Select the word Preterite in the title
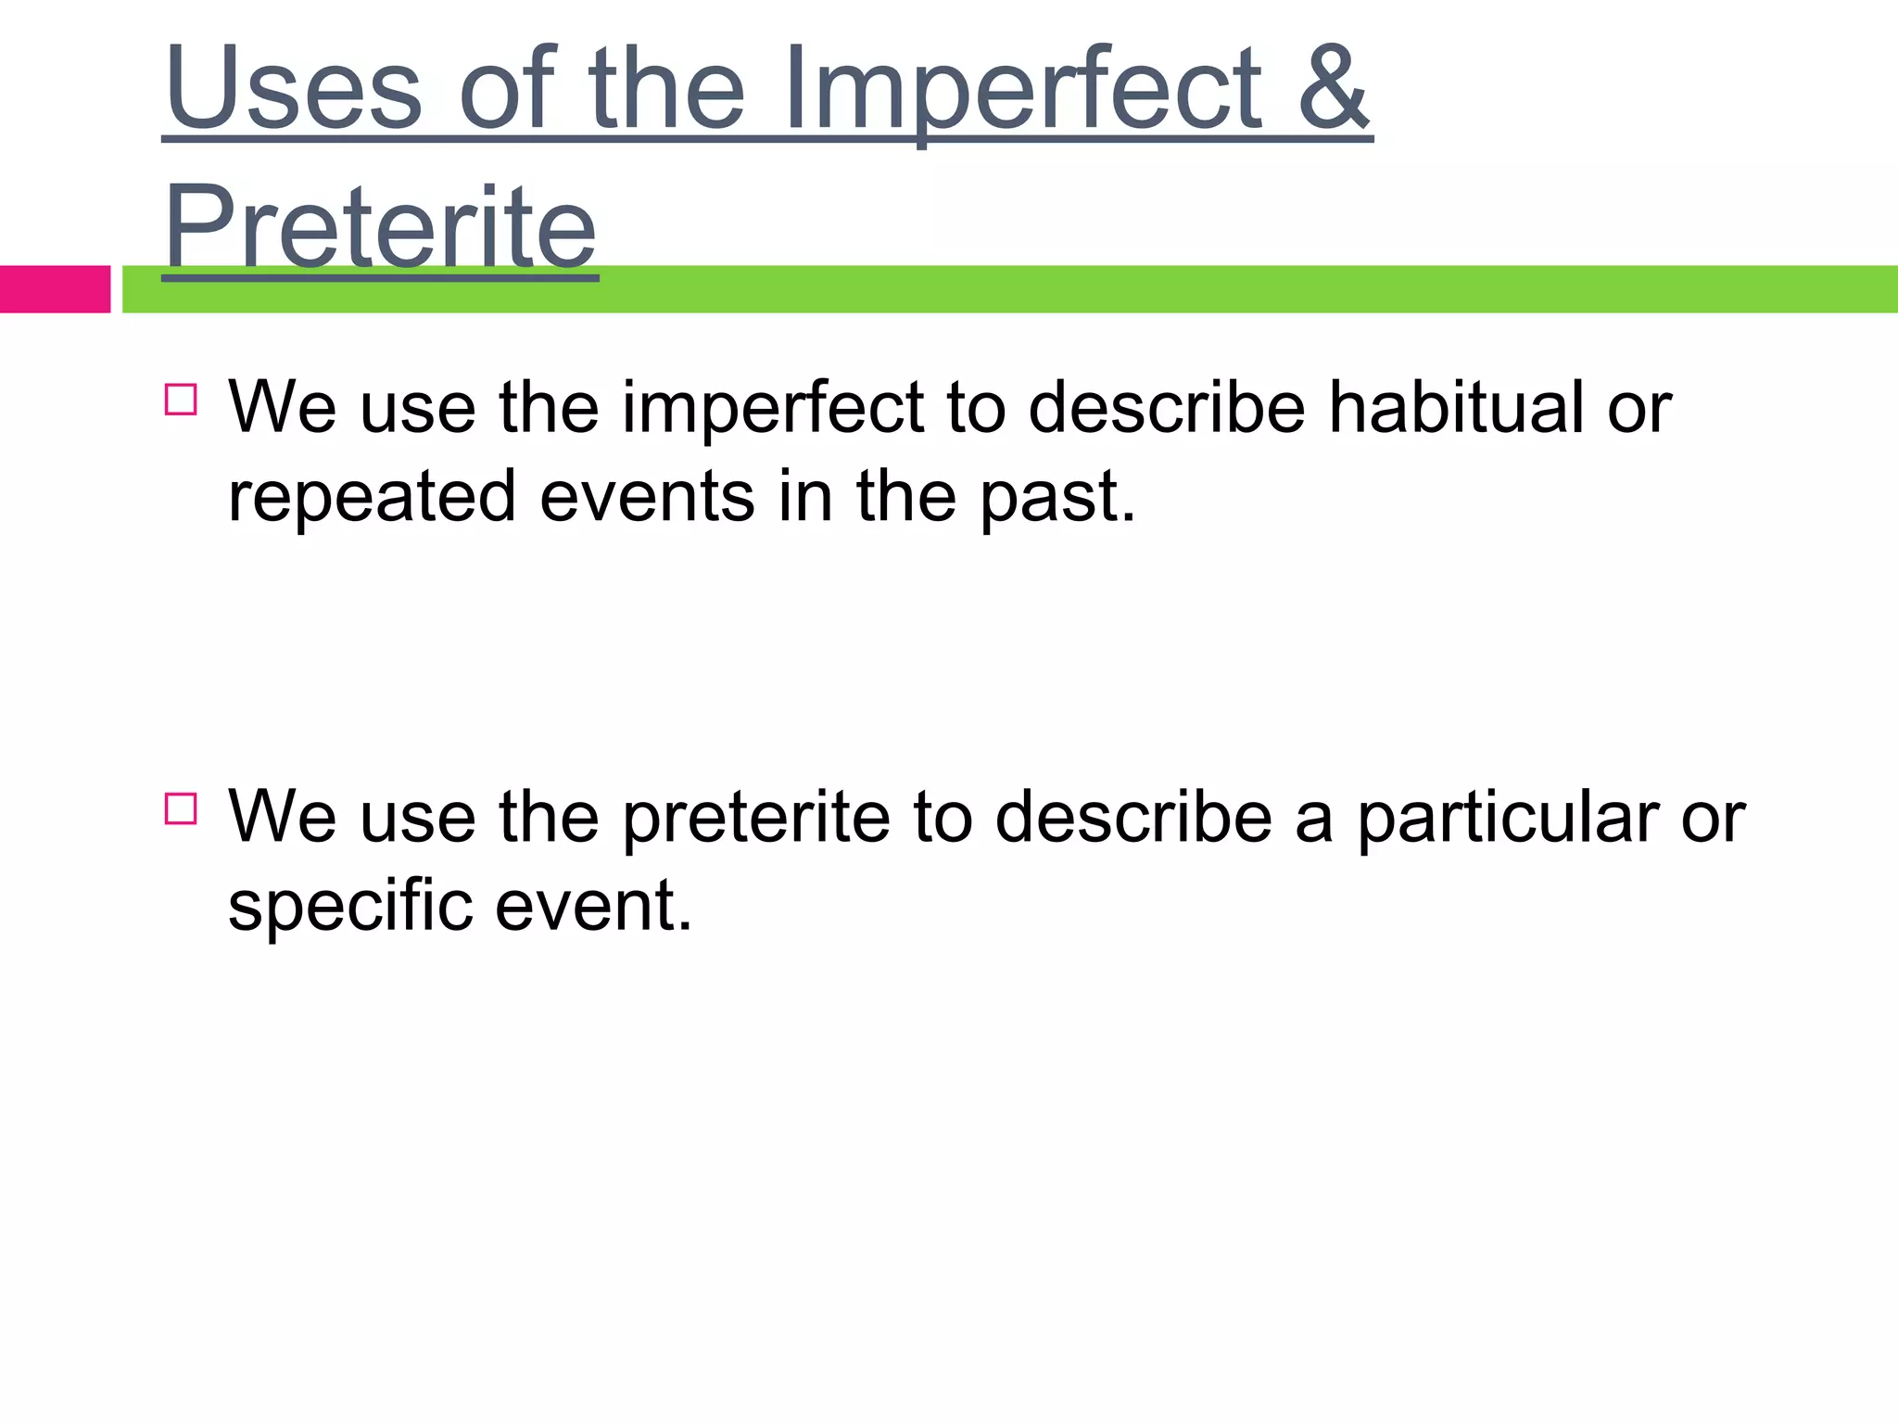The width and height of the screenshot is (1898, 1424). (x=380, y=227)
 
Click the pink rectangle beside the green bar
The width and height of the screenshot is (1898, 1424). (x=55, y=289)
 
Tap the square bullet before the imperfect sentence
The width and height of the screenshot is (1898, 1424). (x=181, y=400)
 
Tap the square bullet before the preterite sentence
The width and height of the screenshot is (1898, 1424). (x=181, y=808)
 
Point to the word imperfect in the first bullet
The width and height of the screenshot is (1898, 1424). (x=772, y=409)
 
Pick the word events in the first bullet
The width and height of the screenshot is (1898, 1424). (x=647, y=496)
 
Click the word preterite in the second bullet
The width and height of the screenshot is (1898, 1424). (x=755, y=818)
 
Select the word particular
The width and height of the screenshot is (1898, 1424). (x=1507, y=818)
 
